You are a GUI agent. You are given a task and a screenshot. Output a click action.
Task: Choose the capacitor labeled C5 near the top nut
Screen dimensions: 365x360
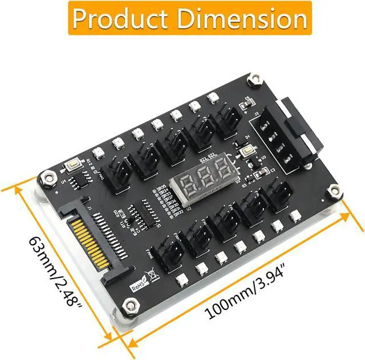[x=246, y=103]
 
